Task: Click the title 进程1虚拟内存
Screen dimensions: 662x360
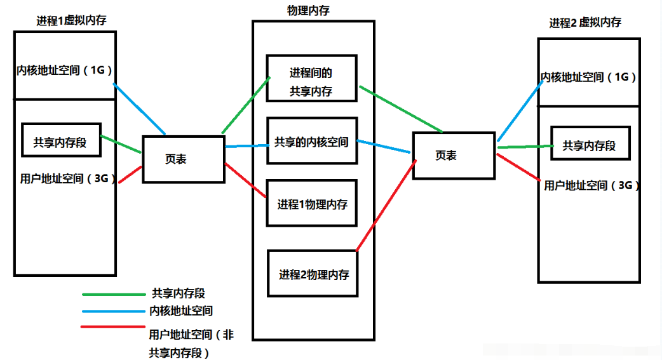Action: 71,20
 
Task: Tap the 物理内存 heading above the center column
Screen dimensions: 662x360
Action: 308,11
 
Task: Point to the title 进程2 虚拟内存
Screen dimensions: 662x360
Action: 585,22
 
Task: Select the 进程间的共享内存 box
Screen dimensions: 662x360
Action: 311,78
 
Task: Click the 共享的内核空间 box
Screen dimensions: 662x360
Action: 312,140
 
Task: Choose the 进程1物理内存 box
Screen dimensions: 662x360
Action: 311,203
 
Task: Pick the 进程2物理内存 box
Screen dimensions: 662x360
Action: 313,274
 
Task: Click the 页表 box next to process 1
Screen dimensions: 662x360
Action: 184,159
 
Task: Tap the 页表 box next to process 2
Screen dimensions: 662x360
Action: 454,156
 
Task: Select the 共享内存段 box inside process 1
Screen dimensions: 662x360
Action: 61,140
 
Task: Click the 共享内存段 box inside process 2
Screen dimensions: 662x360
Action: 591,143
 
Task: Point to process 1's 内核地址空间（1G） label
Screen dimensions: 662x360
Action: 64,70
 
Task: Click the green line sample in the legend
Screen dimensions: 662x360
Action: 114,294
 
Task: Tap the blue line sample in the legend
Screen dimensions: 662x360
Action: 114,312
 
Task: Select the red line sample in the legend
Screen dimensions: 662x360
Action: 113,326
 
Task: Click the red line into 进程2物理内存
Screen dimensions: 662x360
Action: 386,206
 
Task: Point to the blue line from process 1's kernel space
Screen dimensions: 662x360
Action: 139,109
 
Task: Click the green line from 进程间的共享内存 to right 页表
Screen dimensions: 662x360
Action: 401,109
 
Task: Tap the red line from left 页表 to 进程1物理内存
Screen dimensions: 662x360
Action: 246,180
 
